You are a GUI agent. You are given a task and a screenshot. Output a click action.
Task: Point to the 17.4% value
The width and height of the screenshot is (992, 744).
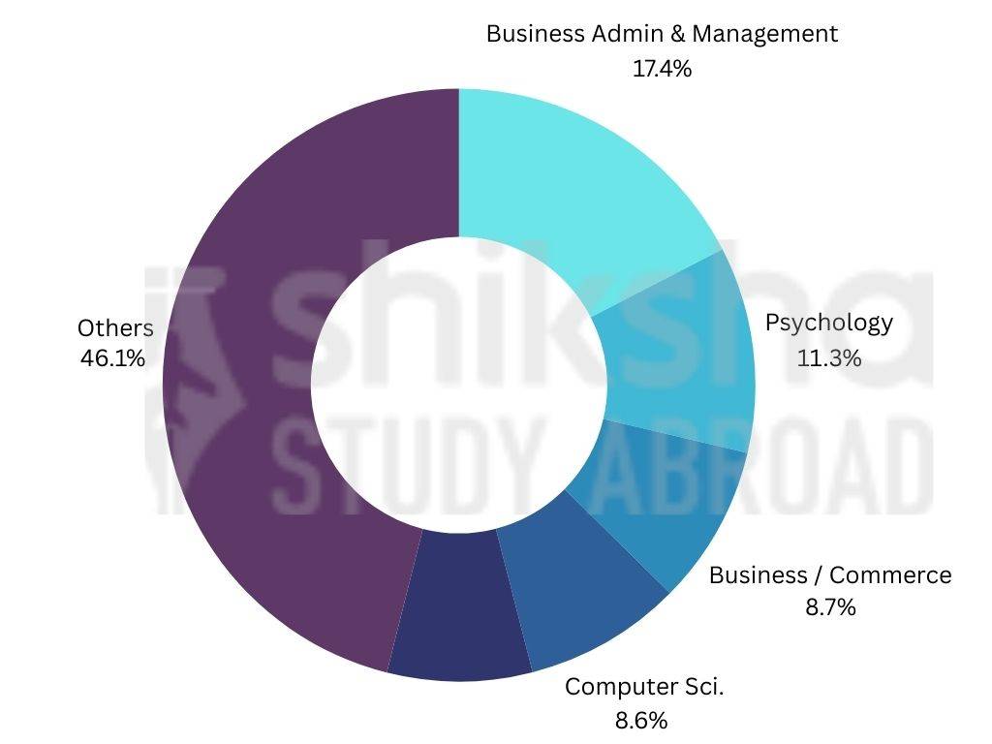[662, 69]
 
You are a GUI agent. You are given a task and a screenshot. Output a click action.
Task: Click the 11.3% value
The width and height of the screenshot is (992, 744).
[828, 358]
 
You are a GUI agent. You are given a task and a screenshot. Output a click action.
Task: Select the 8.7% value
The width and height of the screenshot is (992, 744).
[829, 608]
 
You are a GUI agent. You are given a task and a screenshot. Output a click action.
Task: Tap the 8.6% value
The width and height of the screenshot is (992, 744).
[641, 721]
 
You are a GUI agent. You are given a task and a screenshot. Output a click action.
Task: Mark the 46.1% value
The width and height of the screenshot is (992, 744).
[113, 358]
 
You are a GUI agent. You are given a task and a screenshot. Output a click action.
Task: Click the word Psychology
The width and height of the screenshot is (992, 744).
[828, 323]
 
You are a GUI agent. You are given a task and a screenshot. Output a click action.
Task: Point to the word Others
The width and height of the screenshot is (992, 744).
[115, 328]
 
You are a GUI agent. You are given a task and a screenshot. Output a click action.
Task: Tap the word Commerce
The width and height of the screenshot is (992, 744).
[890, 575]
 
